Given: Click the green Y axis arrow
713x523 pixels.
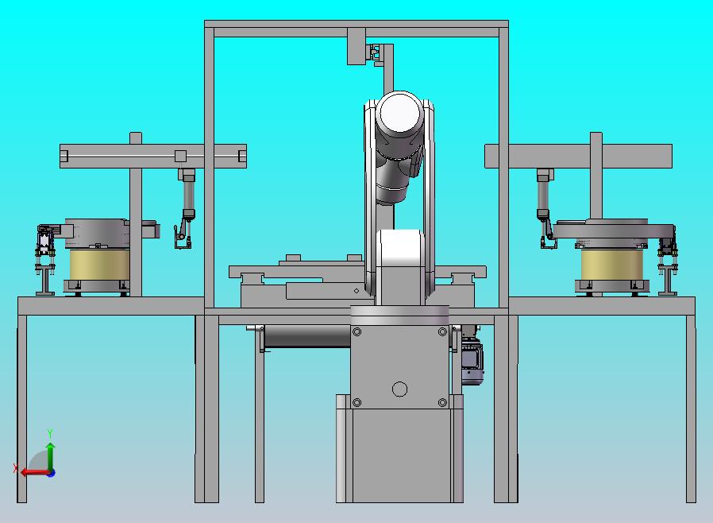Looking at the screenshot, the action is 51,456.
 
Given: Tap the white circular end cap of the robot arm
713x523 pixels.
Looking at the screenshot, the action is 399,114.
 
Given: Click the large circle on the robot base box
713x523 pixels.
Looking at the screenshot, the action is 399,389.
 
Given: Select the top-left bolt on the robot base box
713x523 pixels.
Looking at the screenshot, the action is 357,331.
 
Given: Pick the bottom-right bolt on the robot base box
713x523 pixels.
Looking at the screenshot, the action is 442,402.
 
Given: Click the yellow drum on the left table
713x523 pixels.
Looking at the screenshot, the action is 99,265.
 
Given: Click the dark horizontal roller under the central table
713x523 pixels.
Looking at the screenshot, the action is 307,336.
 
